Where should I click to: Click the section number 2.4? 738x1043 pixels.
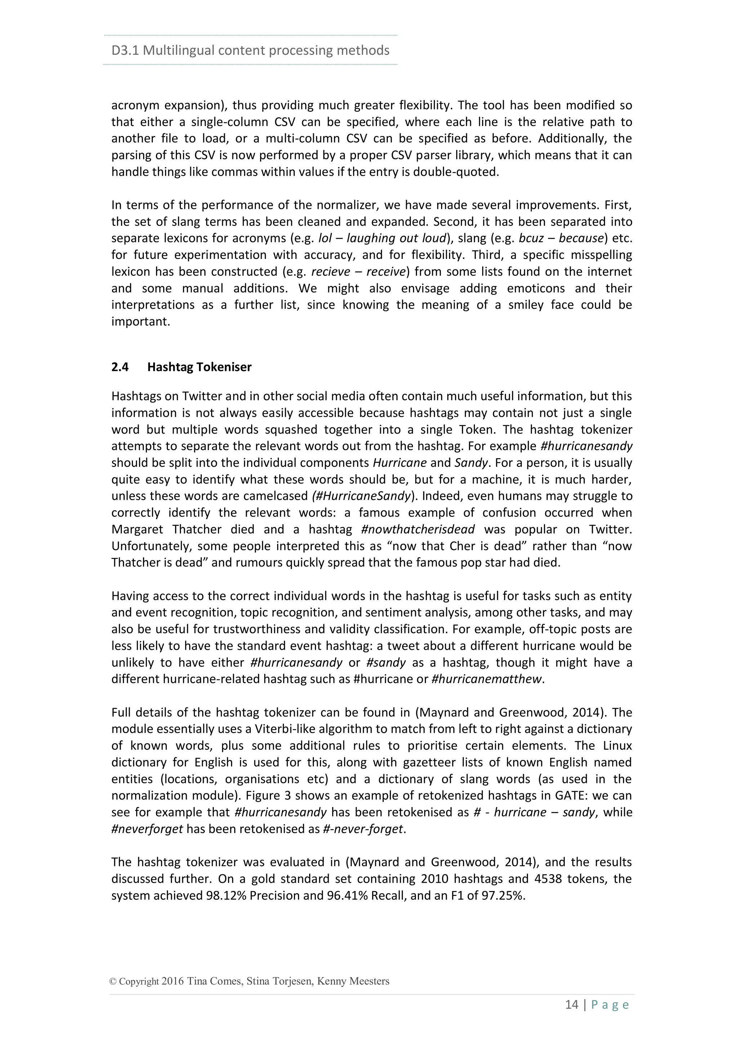(120, 367)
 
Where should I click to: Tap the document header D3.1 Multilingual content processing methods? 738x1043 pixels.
(250, 50)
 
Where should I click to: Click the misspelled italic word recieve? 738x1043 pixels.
(330, 272)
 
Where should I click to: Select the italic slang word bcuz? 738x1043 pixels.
(531, 238)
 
